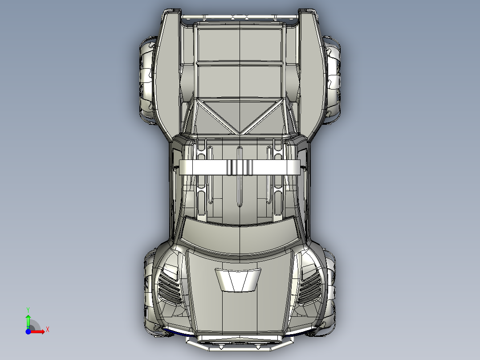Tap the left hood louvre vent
(x=171, y=285)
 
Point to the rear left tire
(x=146, y=80)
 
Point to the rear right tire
(x=334, y=80)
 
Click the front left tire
(x=148, y=290)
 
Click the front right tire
(x=330, y=290)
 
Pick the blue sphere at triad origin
(x=28, y=331)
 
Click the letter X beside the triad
(x=47, y=329)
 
